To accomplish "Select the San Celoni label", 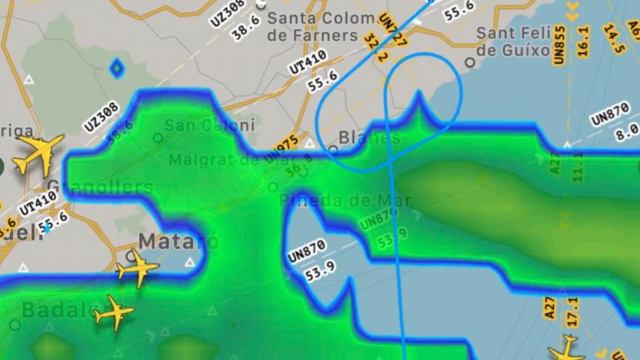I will tap(209, 125).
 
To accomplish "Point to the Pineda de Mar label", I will tap(345, 200).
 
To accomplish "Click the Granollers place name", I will tap(100, 187).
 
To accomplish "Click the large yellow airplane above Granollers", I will tap(39, 154).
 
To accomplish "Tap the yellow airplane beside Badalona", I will tap(113, 312).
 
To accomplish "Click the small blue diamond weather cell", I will tap(116, 68).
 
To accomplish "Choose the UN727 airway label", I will tap(392, 30).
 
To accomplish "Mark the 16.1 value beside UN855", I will tap(583, 42).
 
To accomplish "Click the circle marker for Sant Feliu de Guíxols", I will tap(470, 62).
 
